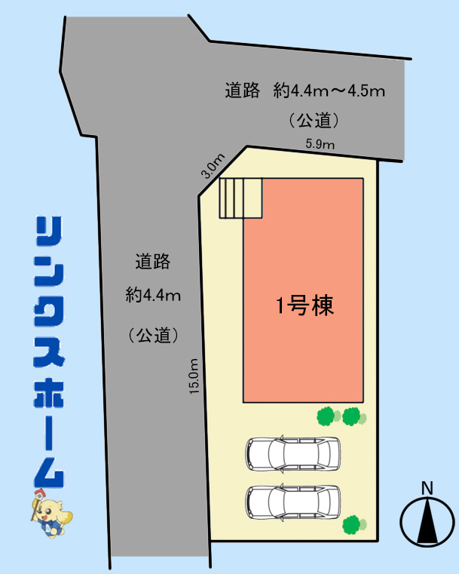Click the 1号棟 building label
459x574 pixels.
click(x=305, y=305)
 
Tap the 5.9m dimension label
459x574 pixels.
click(x=320, y=144)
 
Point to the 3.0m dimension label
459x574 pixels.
click(x=213, y=166)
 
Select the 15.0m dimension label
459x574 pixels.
click(x=194, y=376)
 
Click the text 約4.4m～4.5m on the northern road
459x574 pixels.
click(x=329, y=91)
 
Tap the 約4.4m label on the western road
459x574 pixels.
click(x=153, y=295)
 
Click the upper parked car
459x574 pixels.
click(x=293, y=453)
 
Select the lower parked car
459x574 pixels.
click(x=293, y=502)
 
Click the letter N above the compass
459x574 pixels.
click(x=427, y=488)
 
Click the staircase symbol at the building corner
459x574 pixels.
click(x=240, y=198)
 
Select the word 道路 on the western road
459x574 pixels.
click(x=153, y=262)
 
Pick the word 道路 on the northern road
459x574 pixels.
click(x=242, y=91)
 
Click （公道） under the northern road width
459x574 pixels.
click(x=314, y=121)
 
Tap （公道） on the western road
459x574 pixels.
click(x=153, y=335)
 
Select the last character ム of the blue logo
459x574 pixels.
click(x=49, y=471)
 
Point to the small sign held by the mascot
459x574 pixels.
click(x=38, y=495)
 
